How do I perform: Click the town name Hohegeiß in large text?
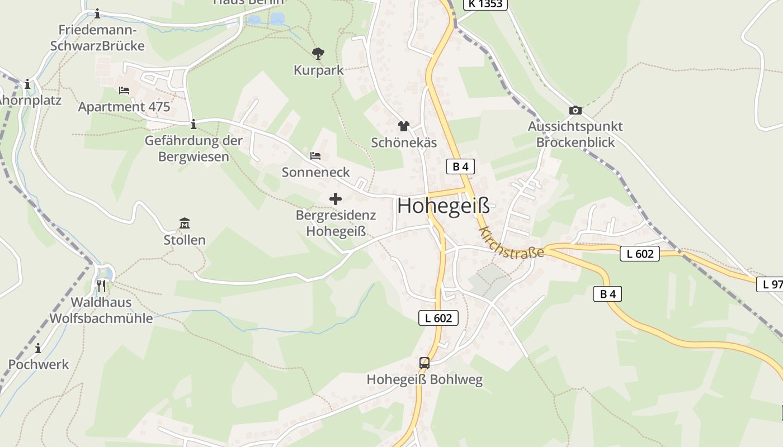(444, 206)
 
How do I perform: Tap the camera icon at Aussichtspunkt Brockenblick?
(575, 111)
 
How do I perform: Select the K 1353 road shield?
(485, 4)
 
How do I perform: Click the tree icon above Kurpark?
(318, 54)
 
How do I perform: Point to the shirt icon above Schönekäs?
(403, 126)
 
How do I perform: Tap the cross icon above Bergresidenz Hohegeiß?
(336, 198)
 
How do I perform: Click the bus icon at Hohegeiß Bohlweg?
(424, 363)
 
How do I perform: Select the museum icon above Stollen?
(184, 223)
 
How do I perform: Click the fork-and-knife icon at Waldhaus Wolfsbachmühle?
(101, 286)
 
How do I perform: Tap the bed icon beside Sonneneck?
(315, 156)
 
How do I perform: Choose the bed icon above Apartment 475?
(124, 91)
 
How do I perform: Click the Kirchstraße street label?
(511, 243)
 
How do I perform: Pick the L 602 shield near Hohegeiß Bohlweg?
(438, 318)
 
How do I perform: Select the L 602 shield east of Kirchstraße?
(640, 254)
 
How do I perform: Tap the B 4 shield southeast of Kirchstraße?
(607, 294)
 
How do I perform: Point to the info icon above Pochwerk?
(38, 349)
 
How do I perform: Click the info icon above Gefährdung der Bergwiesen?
(194, 124)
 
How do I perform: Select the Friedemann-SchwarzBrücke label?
(97, 38)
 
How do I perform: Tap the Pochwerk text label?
(39, 364)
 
